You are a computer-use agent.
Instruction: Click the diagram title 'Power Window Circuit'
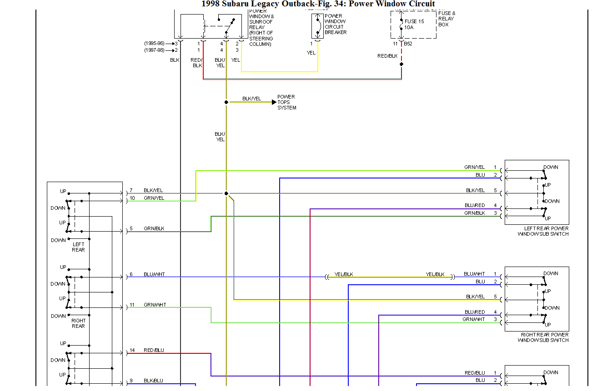[391, 4]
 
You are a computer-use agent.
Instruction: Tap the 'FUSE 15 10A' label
[414, 25]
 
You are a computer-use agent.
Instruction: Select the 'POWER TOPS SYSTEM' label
[286, 102]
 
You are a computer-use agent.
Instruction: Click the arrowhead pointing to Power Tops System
[274, 102]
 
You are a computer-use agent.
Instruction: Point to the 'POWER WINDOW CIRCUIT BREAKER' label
[335, 24]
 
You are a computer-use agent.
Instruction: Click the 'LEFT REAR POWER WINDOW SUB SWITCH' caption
[543, 231]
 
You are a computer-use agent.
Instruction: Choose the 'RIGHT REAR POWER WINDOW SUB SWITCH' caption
[544, 337]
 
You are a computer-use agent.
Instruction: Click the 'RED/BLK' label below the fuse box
[387, 56]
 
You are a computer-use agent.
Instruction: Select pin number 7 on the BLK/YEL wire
[131, 190]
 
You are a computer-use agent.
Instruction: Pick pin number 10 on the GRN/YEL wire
[132, 198]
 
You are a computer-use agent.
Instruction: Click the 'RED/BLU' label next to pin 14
[154, 350]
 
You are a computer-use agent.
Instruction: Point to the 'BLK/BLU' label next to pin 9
[153, 381]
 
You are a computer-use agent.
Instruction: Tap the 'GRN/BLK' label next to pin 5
[154, 228]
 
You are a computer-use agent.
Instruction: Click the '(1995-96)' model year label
[155, 44]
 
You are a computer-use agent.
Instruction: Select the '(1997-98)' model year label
[155, 50]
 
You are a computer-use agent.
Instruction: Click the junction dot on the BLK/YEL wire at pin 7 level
[226, 193]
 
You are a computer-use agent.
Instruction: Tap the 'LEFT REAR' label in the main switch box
[78, 247]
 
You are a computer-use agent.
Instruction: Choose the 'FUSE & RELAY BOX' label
[446, 19]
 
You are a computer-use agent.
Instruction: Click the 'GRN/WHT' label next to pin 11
[155, 305]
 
